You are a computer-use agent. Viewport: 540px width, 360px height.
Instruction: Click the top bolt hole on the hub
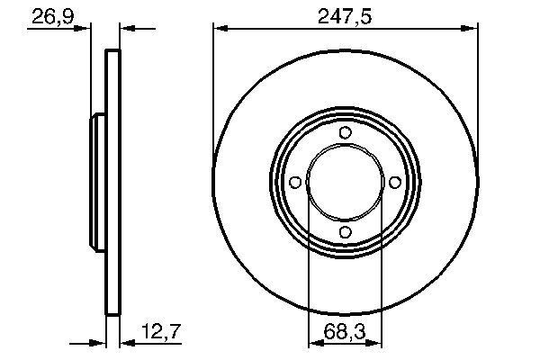tap(345, 133)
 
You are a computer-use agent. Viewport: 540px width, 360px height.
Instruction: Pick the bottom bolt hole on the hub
tap(345, 232)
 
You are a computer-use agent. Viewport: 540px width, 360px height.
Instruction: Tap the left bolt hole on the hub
tap(295, 183)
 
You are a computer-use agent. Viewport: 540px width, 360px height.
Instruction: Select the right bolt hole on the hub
tap(394, 183)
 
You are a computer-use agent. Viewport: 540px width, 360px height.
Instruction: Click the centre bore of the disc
tap(345, 183)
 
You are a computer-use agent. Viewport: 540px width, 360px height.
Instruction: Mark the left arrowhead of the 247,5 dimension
tap(219, 29)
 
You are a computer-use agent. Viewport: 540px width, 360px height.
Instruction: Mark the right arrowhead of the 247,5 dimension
tap(471, 29)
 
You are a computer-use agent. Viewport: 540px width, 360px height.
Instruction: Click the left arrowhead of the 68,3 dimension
tap(313, 343)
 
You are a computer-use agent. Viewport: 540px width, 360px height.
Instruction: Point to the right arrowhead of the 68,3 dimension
tap(377, 343)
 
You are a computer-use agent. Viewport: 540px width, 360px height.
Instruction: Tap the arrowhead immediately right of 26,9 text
tap(85, 29)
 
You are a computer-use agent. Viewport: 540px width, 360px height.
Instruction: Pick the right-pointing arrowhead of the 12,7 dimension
tap(101, 343)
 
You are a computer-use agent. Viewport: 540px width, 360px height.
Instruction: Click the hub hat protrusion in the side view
tap(97, 183)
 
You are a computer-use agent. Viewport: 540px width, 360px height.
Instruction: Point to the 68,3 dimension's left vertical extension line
tap(309, 270)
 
